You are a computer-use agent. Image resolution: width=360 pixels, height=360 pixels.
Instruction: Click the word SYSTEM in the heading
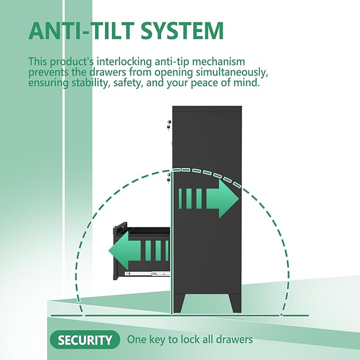coord(182,31)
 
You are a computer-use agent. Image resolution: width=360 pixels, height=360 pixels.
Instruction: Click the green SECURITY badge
coord(85,339)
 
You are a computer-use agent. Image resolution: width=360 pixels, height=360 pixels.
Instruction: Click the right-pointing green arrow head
coord(223,199)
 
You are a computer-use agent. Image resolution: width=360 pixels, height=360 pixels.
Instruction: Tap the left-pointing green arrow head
coord(125,251)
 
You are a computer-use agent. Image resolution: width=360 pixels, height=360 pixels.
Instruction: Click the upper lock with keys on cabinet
coord(169,125)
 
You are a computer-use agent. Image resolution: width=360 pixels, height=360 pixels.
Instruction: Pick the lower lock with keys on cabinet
coord(169,179)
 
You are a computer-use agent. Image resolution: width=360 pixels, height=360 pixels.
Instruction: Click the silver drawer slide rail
coord(147,274)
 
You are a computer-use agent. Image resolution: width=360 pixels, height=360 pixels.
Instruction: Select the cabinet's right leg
coord(235,303)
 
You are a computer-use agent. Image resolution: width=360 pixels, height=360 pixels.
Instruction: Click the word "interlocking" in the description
coord(124,62)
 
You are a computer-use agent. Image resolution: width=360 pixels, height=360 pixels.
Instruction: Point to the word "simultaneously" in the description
coord(232,73)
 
